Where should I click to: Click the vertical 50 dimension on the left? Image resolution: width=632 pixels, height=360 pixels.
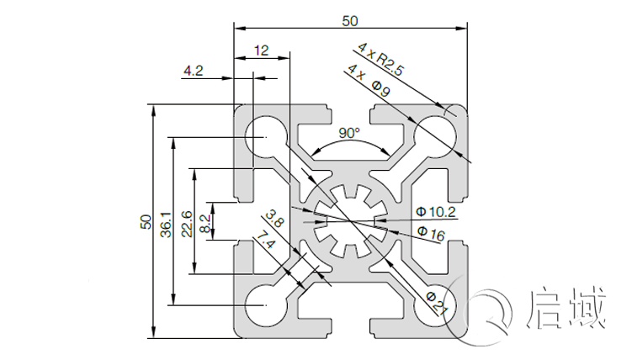pos(145,222)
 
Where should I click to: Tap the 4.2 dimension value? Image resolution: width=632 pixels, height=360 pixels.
pos(193,71)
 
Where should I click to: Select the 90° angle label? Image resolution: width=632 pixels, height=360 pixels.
pos(349,133)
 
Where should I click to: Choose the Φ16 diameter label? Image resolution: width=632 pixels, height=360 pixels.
pos(430,236)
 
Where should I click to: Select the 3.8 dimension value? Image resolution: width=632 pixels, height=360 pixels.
pos(279,221)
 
